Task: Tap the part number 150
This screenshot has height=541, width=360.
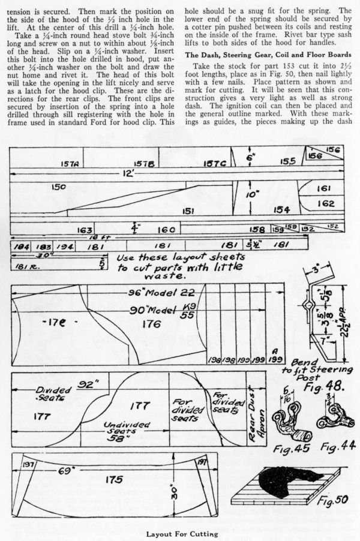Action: coord(59,187)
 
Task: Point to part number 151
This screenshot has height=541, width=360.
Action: coord(187,211)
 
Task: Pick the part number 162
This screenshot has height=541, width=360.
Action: coord(326,204)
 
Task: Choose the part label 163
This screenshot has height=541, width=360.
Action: coord(85,230)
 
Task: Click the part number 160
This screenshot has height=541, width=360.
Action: coord(166,230)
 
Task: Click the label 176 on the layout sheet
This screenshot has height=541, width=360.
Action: coord(151,324)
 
